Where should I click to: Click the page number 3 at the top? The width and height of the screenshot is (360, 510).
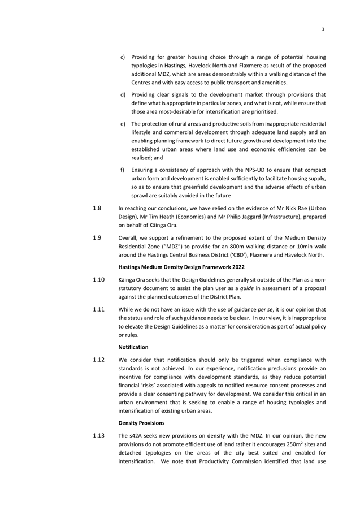322,29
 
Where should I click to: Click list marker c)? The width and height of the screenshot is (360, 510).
123,57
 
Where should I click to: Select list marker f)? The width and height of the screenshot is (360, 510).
123,170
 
